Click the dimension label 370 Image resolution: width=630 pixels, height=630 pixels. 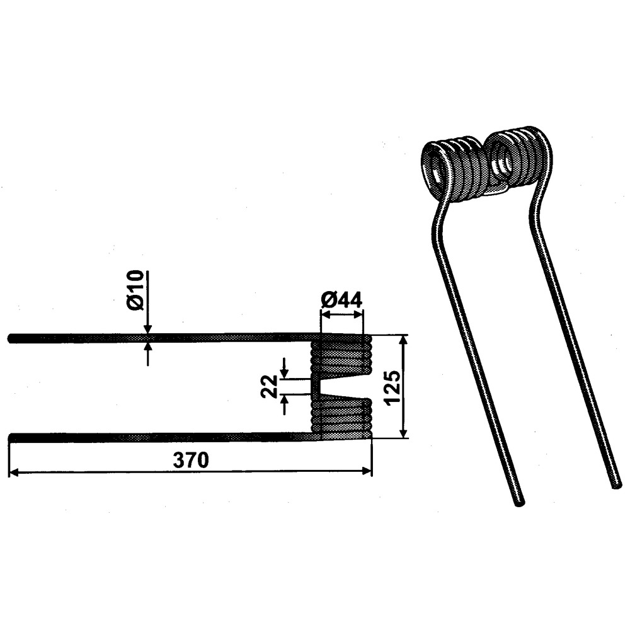[192, 461]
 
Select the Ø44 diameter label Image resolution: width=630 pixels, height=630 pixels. [342, 299]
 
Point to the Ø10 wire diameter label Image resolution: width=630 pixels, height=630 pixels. [135, 290]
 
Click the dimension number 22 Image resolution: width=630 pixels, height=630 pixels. [269, 386]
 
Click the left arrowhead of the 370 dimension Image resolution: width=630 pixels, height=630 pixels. [13, 471]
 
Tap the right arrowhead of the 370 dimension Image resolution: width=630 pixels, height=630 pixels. [367, 471]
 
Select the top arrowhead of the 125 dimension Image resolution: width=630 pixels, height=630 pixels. [404, 340]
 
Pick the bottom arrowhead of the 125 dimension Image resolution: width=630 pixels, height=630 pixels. [404, 433]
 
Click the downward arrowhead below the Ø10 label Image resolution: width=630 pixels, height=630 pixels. [148, 329]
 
